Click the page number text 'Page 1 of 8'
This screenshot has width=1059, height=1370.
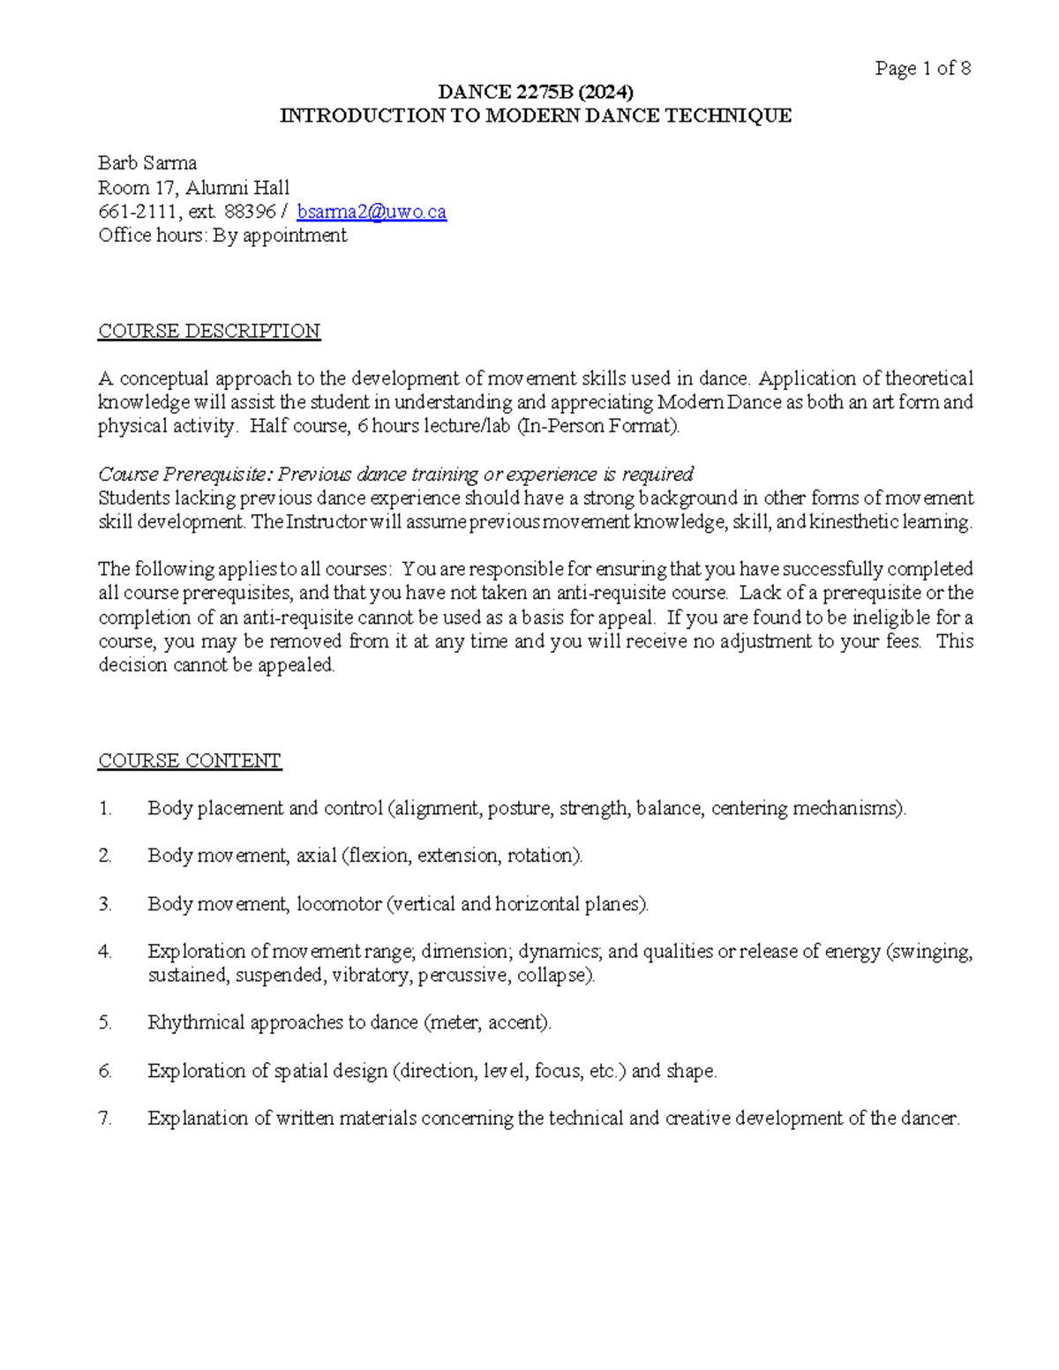(922, 69)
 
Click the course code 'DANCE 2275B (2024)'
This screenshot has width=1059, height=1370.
(536, 92)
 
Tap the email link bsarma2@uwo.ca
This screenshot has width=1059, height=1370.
(372, 212)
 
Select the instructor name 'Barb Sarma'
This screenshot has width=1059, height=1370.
(147, 163)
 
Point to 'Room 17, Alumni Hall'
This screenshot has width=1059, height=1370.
(193, 188)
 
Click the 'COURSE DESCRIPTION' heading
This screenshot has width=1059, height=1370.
(209, 331)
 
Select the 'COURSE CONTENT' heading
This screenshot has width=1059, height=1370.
(190, 760)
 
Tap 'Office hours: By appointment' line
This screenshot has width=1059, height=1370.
(222, 236)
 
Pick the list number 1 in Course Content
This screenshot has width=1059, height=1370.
(105, 808)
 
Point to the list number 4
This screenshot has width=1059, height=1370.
(105, 952)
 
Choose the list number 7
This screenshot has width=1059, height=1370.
(105, 1119)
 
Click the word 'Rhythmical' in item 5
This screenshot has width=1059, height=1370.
(196, 1022)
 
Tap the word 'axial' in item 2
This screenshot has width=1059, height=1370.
(316, 856)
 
